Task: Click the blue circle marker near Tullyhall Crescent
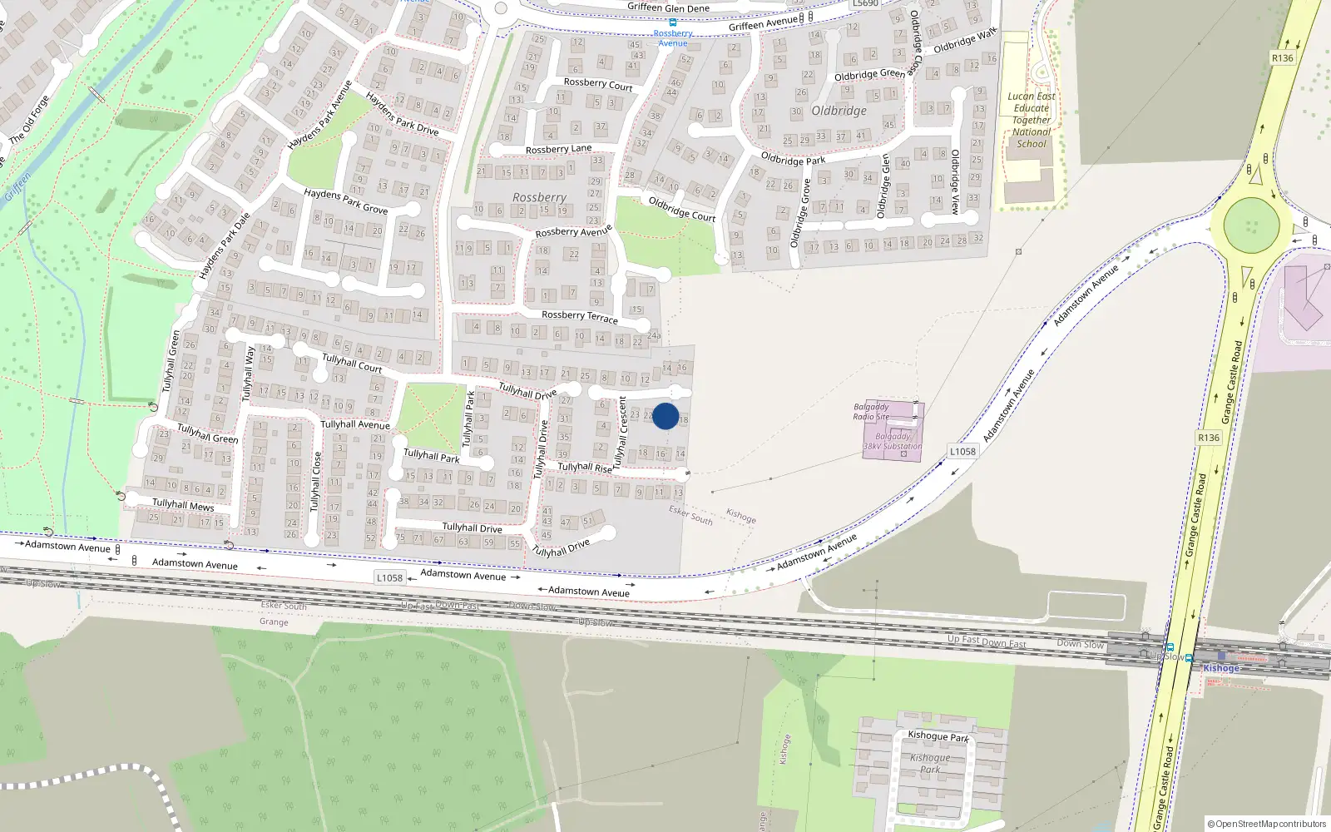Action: coord(665,416)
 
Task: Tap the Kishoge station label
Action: coord(1221,668)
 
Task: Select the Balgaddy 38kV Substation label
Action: coord(893,442)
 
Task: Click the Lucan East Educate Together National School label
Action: coord(1032,120)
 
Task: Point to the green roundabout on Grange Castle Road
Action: coord(1251,225)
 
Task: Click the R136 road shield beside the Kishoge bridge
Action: coord(1209,438)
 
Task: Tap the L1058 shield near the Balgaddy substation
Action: coord(962,452)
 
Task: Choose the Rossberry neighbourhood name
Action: coord(539,198)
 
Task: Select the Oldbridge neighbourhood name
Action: coord(839,111)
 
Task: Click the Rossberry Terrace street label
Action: coord(580,316)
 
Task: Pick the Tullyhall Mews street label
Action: coord(183,504)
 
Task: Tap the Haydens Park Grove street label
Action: coord(345,201)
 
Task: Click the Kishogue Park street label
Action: coord(938,736)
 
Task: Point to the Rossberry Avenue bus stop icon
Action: coord(673,22)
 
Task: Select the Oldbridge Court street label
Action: coord(681,209)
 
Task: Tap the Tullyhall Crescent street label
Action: coord(620,432)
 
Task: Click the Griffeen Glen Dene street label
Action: coord(668,8)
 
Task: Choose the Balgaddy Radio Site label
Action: coord(871,412)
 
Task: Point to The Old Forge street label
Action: coord(30,119)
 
